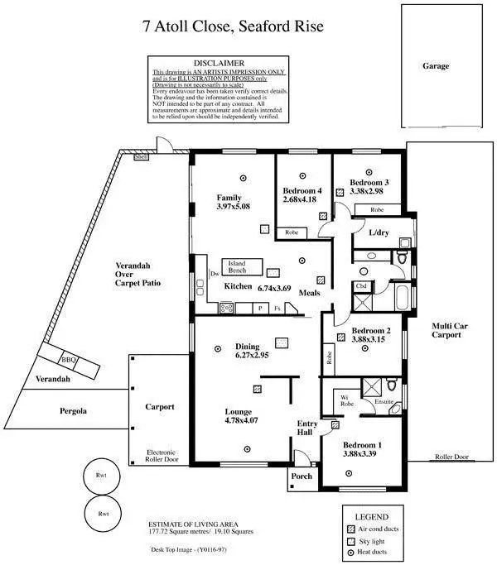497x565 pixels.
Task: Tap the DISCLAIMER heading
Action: (x=219, y=63)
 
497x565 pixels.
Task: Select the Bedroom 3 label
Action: (x=369, y=182)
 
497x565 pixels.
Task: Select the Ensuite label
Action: (x=384, y=401)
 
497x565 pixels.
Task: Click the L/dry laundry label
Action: (x=379, y=233)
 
